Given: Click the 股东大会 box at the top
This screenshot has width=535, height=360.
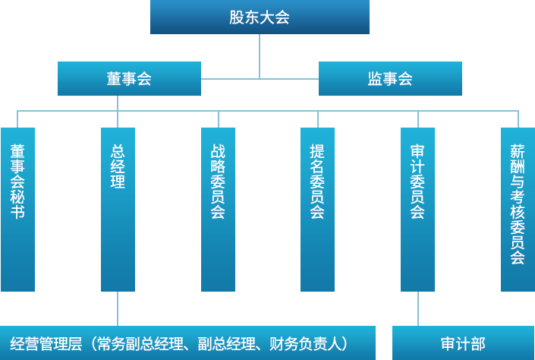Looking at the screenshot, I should point(260,17).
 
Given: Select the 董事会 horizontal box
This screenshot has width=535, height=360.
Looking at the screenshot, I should point(129,78).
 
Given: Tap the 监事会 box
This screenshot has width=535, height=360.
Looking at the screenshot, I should point(390,78).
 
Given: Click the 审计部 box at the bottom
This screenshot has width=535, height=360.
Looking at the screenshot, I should point(463,343).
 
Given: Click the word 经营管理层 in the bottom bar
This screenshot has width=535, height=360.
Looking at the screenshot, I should point(46,343).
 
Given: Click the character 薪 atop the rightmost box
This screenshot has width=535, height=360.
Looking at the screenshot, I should point(518,152).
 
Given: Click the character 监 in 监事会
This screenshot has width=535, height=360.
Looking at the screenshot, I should point(375,78).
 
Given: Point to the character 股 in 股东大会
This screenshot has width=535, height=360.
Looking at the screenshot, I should point(237,17).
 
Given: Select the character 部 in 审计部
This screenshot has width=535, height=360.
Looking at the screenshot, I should point(478,343).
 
